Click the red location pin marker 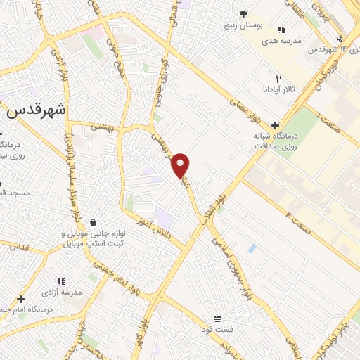[x=181, y=165]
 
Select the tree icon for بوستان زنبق [x=243, y=14]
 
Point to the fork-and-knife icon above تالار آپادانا [x=279, y=79]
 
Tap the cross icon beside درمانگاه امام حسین [x=20, y=299]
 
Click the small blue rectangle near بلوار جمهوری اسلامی [x=252, y=248]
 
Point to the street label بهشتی [x=102, y=125]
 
